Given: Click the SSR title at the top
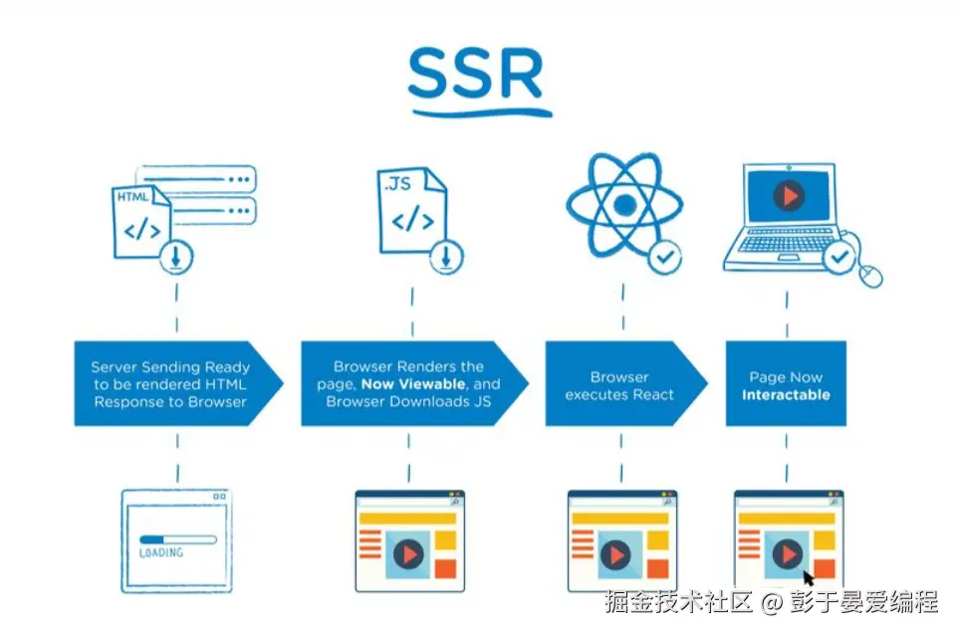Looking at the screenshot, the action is pyautogui.click(x=476, y=74).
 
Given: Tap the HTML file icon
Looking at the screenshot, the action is pyautogui.click(x=141, y=222).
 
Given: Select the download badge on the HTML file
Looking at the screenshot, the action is pyautogui.click(x=176, y=257).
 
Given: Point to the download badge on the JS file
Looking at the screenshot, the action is pyautogui.click(x=446, y=257).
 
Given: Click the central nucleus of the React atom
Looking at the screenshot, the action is pyautogui.click(x=624, y=206).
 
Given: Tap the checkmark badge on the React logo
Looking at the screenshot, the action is pyautogui.click(x=665, y=257).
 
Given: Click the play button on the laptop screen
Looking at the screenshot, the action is pyautogui.click(x=789, y=196).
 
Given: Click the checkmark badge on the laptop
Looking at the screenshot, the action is pyautogui.click(x=839, y=257).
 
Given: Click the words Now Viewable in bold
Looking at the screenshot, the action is pyautogui.click(x=413, y=384).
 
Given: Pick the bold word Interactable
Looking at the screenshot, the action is pyautogui.click(x=786, y=395).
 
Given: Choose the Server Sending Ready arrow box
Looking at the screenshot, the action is pyautogui.click(x=178, y=383).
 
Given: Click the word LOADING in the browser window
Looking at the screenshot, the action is pyautogui.click(x=161, y=552).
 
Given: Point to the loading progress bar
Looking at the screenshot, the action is pyautogui.click(x=178, y=539).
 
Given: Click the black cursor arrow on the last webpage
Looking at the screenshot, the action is pyautogui.click(x=809, y=578).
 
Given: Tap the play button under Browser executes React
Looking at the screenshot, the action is pyautogui.click(x=615, y=555).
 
